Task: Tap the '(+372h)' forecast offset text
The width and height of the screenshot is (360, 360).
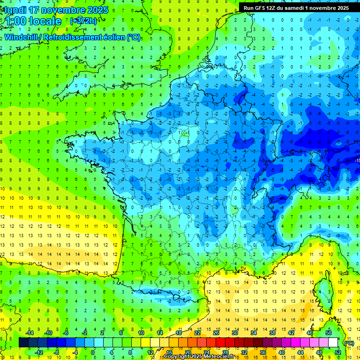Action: (83, 21)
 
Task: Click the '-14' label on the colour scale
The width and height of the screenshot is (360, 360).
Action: (29, 333)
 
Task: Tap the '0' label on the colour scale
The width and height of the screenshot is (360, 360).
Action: (93, 352)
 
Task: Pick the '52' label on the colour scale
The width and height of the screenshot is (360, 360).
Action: (338, 352)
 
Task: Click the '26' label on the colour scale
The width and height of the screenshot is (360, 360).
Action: (216, 333)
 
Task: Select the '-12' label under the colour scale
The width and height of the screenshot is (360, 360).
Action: (39, 352)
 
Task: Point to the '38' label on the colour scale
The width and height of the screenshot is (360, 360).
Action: (272, 333)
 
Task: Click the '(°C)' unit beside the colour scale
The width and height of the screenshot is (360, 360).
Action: (349, 343)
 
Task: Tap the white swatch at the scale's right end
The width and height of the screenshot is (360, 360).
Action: (333, 343)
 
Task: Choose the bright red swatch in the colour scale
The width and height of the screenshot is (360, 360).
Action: (221, 343)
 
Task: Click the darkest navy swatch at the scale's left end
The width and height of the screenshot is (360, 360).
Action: (23, 343)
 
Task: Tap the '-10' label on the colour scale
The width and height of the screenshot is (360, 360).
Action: (48, 333)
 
